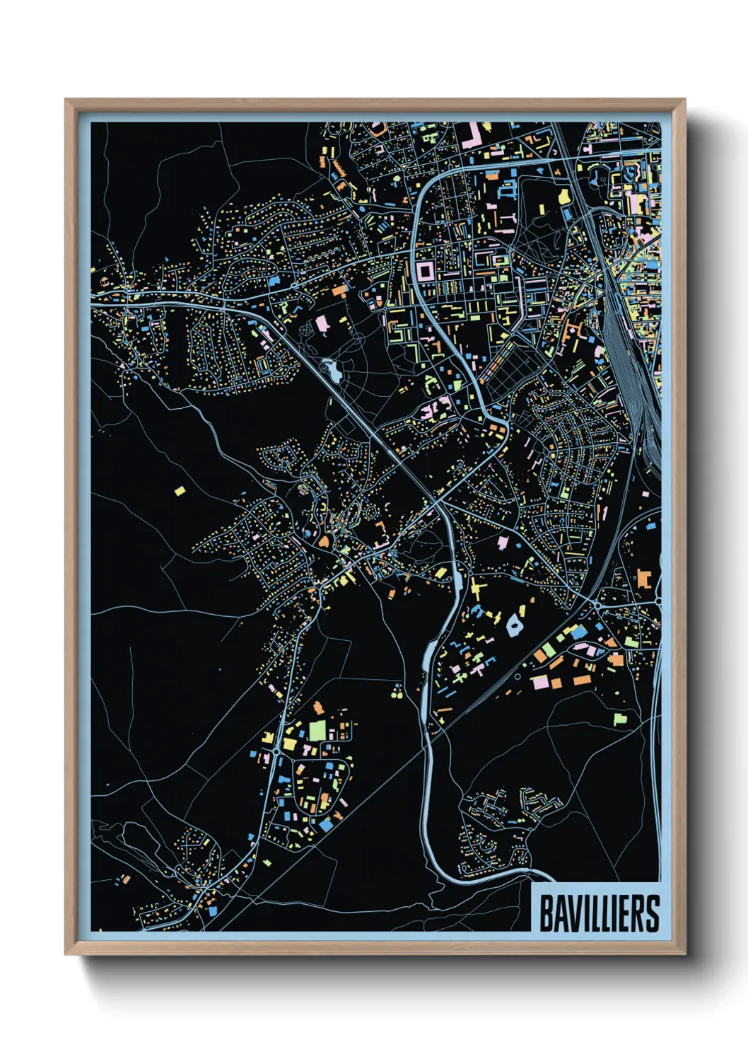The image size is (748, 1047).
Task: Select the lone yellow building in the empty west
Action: click(x=180, y=490)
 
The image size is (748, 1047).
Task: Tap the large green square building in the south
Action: click(x=317, y=729)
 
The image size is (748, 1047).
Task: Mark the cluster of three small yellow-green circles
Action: click(x=397, y=693)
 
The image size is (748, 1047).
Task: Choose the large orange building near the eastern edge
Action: click(x=643, y=578)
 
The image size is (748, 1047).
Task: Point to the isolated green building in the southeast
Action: click(x=620, y=719)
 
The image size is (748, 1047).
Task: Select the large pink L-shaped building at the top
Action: click(x=472, y=134)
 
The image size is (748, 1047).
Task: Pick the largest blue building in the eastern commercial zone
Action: click(x=578, y=631)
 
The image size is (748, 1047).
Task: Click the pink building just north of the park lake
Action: click(x=322, y=325)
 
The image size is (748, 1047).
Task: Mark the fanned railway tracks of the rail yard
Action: click(x=622, y=354)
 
